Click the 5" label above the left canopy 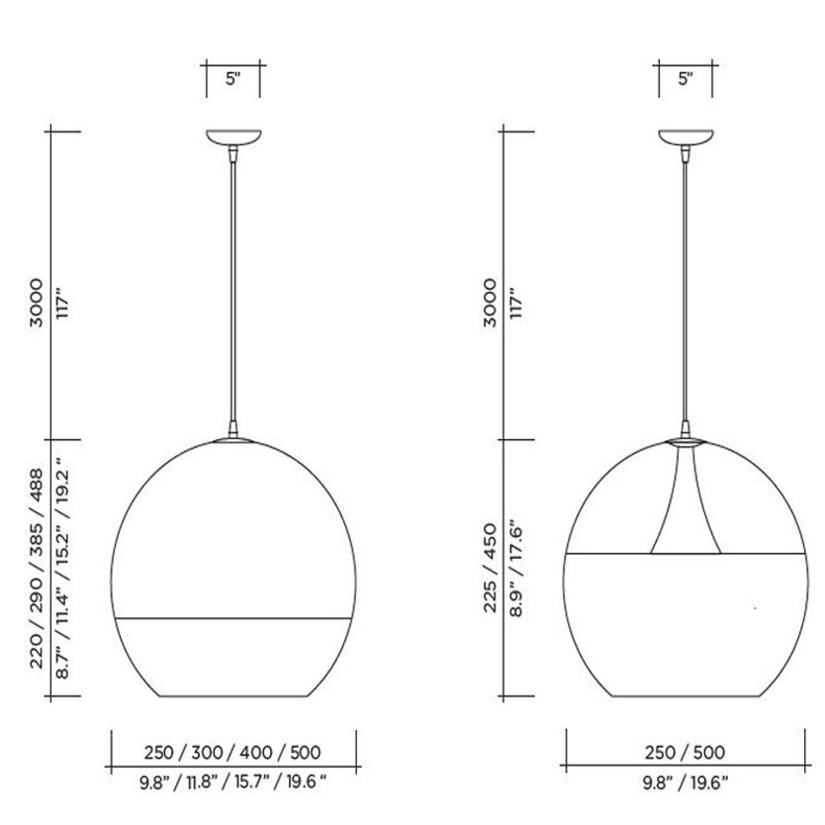[x=233, y=79]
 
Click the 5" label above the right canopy [x=686, y=79]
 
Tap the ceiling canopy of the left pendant [x=233, y=137]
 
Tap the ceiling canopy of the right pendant [x=687, y=137]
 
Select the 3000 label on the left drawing [x=36, y=303]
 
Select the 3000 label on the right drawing [x=490, y=303]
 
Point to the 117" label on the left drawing [x=62, y=303]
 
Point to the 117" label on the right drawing [x=516, y=303]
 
